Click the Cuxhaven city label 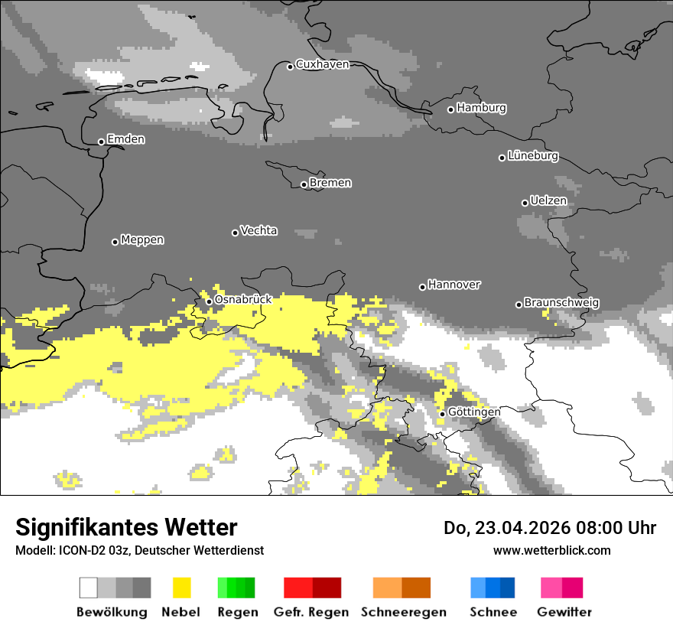point(322,65)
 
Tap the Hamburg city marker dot point(450,109)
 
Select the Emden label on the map point(125,140)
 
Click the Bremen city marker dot point(304,184)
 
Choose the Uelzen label point(548,201)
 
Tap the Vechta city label point(258,231)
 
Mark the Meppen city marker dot point(115,242)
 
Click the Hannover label point(454,285)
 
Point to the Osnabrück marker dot point(209,301)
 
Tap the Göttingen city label point(474,412)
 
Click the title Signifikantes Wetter point(126,528)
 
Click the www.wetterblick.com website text point(551,550)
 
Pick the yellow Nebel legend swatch point(181,588)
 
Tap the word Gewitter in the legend point(564,612)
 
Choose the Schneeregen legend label point(403,612)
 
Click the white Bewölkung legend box point(89,588)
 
